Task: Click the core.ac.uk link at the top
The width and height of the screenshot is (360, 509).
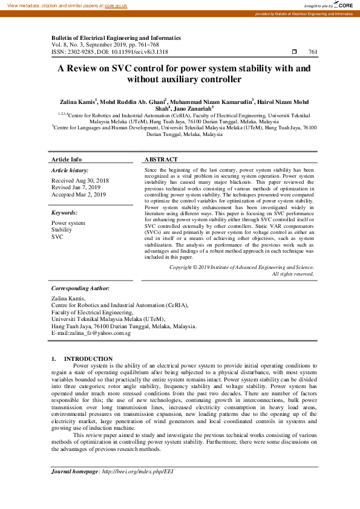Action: point(116,5)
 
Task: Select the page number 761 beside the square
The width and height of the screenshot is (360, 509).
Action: point(313,52)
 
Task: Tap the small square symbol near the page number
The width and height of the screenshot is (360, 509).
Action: point(294,52)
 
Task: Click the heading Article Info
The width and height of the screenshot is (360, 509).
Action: point(67,160)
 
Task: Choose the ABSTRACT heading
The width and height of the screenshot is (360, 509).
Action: point(161,160)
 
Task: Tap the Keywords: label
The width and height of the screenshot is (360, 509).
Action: point(64,213)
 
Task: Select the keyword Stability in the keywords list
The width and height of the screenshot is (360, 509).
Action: point(62,230)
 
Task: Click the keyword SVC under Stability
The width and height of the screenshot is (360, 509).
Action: point(57,237)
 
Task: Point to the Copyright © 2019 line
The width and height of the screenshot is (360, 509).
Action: point(241,267)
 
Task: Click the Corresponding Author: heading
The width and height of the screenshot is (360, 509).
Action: point(80,288)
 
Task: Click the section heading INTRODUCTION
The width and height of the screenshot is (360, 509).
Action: point(88,359)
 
